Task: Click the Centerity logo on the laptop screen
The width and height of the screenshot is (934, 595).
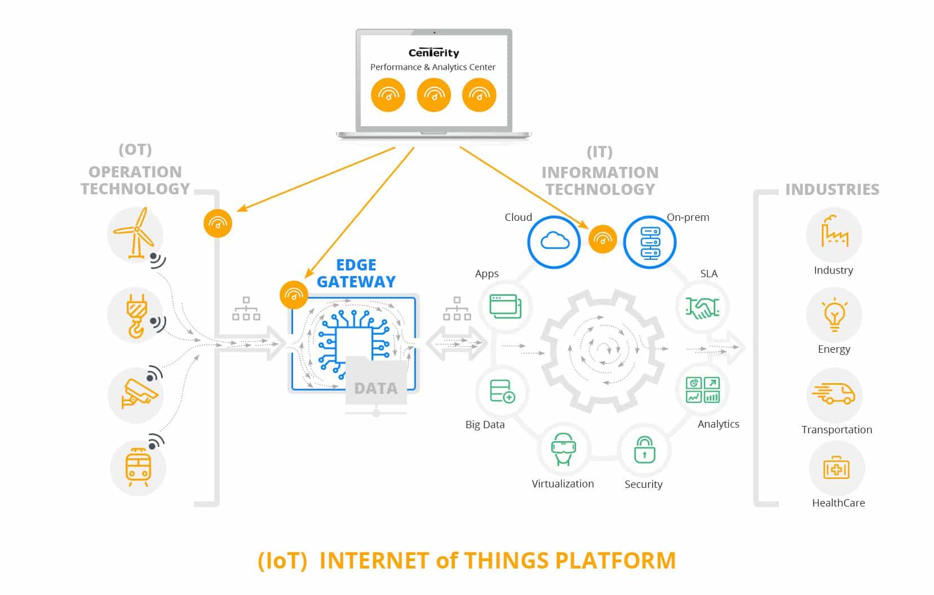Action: click(x=433, y=52)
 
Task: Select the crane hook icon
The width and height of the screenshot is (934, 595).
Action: click(x=135, y=315)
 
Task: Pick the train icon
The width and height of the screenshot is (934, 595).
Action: click(x=138, y=468)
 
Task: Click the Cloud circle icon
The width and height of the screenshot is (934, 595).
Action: click(x=554, y=242)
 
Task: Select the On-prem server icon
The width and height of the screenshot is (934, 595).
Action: click(x=649, y=242)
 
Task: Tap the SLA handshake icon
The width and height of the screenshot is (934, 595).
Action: click(x=702, y=307)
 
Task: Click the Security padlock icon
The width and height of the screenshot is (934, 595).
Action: click(x=644, y=450)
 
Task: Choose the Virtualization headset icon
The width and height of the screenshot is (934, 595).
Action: click(x=563, y=449)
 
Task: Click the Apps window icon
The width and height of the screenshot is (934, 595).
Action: click(x=505, y=307)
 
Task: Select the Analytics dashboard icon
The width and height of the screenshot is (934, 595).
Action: click(x=702, y=390)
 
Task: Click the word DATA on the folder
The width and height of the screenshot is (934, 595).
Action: click(x=375, y=388)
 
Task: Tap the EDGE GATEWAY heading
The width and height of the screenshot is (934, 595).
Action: click(x=356, y=273)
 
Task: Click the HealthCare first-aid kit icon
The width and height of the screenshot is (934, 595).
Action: click(x=836, y=469)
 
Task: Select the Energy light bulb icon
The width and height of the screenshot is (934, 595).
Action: click(x=834, y=316)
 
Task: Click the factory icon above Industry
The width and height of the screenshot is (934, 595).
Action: click(x=834, y=232)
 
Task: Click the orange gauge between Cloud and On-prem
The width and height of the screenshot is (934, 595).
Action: click(x=602, y=239)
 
